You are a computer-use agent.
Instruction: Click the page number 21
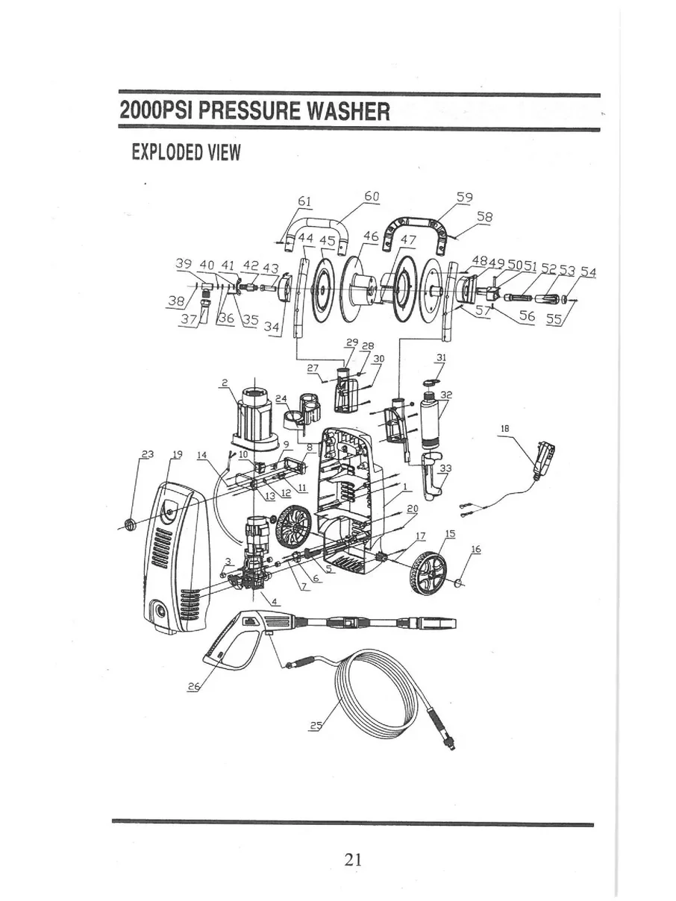(354, 858)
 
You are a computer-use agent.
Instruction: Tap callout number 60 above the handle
(372, 197)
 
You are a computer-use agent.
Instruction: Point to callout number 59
(464, 198)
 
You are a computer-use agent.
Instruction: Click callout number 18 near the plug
(505, 430)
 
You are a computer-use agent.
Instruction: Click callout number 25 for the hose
(316, 726)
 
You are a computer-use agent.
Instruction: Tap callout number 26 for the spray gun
(193, 688)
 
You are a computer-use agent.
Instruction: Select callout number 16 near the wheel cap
(476, 550)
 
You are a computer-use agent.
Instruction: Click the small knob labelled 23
(130, 525)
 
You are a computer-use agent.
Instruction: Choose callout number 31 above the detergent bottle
(441, 358)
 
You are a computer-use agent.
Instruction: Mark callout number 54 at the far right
(589, 271)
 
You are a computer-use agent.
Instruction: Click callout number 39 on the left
(184, 264)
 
